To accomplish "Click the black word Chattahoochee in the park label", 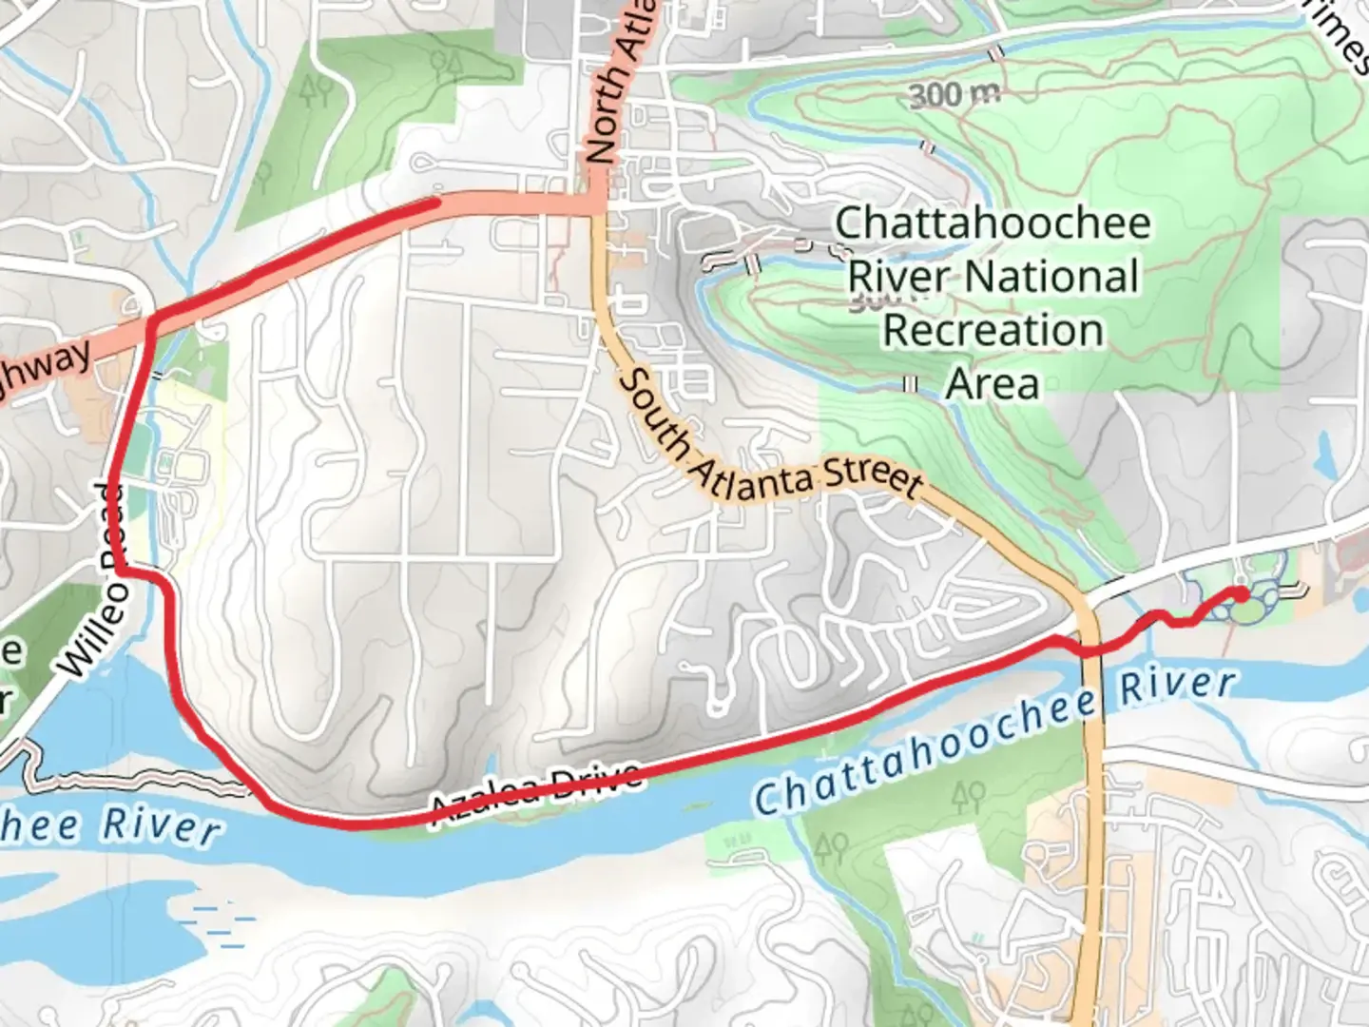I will pos(993,224).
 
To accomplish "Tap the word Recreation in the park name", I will pos(993,331).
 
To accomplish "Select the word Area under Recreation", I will pos(993,384).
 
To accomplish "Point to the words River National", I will pos(993,278).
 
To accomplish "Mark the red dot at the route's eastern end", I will pos(1241,594).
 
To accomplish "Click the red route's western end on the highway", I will pos(434,202).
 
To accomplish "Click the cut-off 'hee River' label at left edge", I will pos(109,824).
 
